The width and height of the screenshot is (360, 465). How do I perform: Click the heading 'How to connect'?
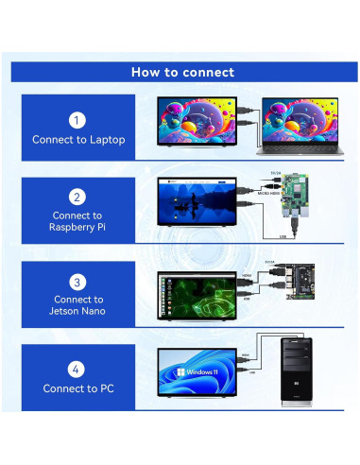point(182,72)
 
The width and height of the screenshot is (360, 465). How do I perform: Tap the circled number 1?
point(78,120)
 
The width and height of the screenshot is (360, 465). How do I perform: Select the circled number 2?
point(78,198)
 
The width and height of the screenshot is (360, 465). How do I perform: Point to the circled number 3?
point(78,282)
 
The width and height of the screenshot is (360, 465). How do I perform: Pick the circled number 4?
point(78,369)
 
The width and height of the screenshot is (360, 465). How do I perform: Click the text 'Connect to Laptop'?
point(78,140)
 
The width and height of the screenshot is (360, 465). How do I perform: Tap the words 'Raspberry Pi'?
point(78,228)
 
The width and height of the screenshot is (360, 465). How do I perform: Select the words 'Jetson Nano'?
point(78,311)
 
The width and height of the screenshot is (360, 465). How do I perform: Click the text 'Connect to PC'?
point(78,388)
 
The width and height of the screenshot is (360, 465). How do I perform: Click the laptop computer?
point(301,128)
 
